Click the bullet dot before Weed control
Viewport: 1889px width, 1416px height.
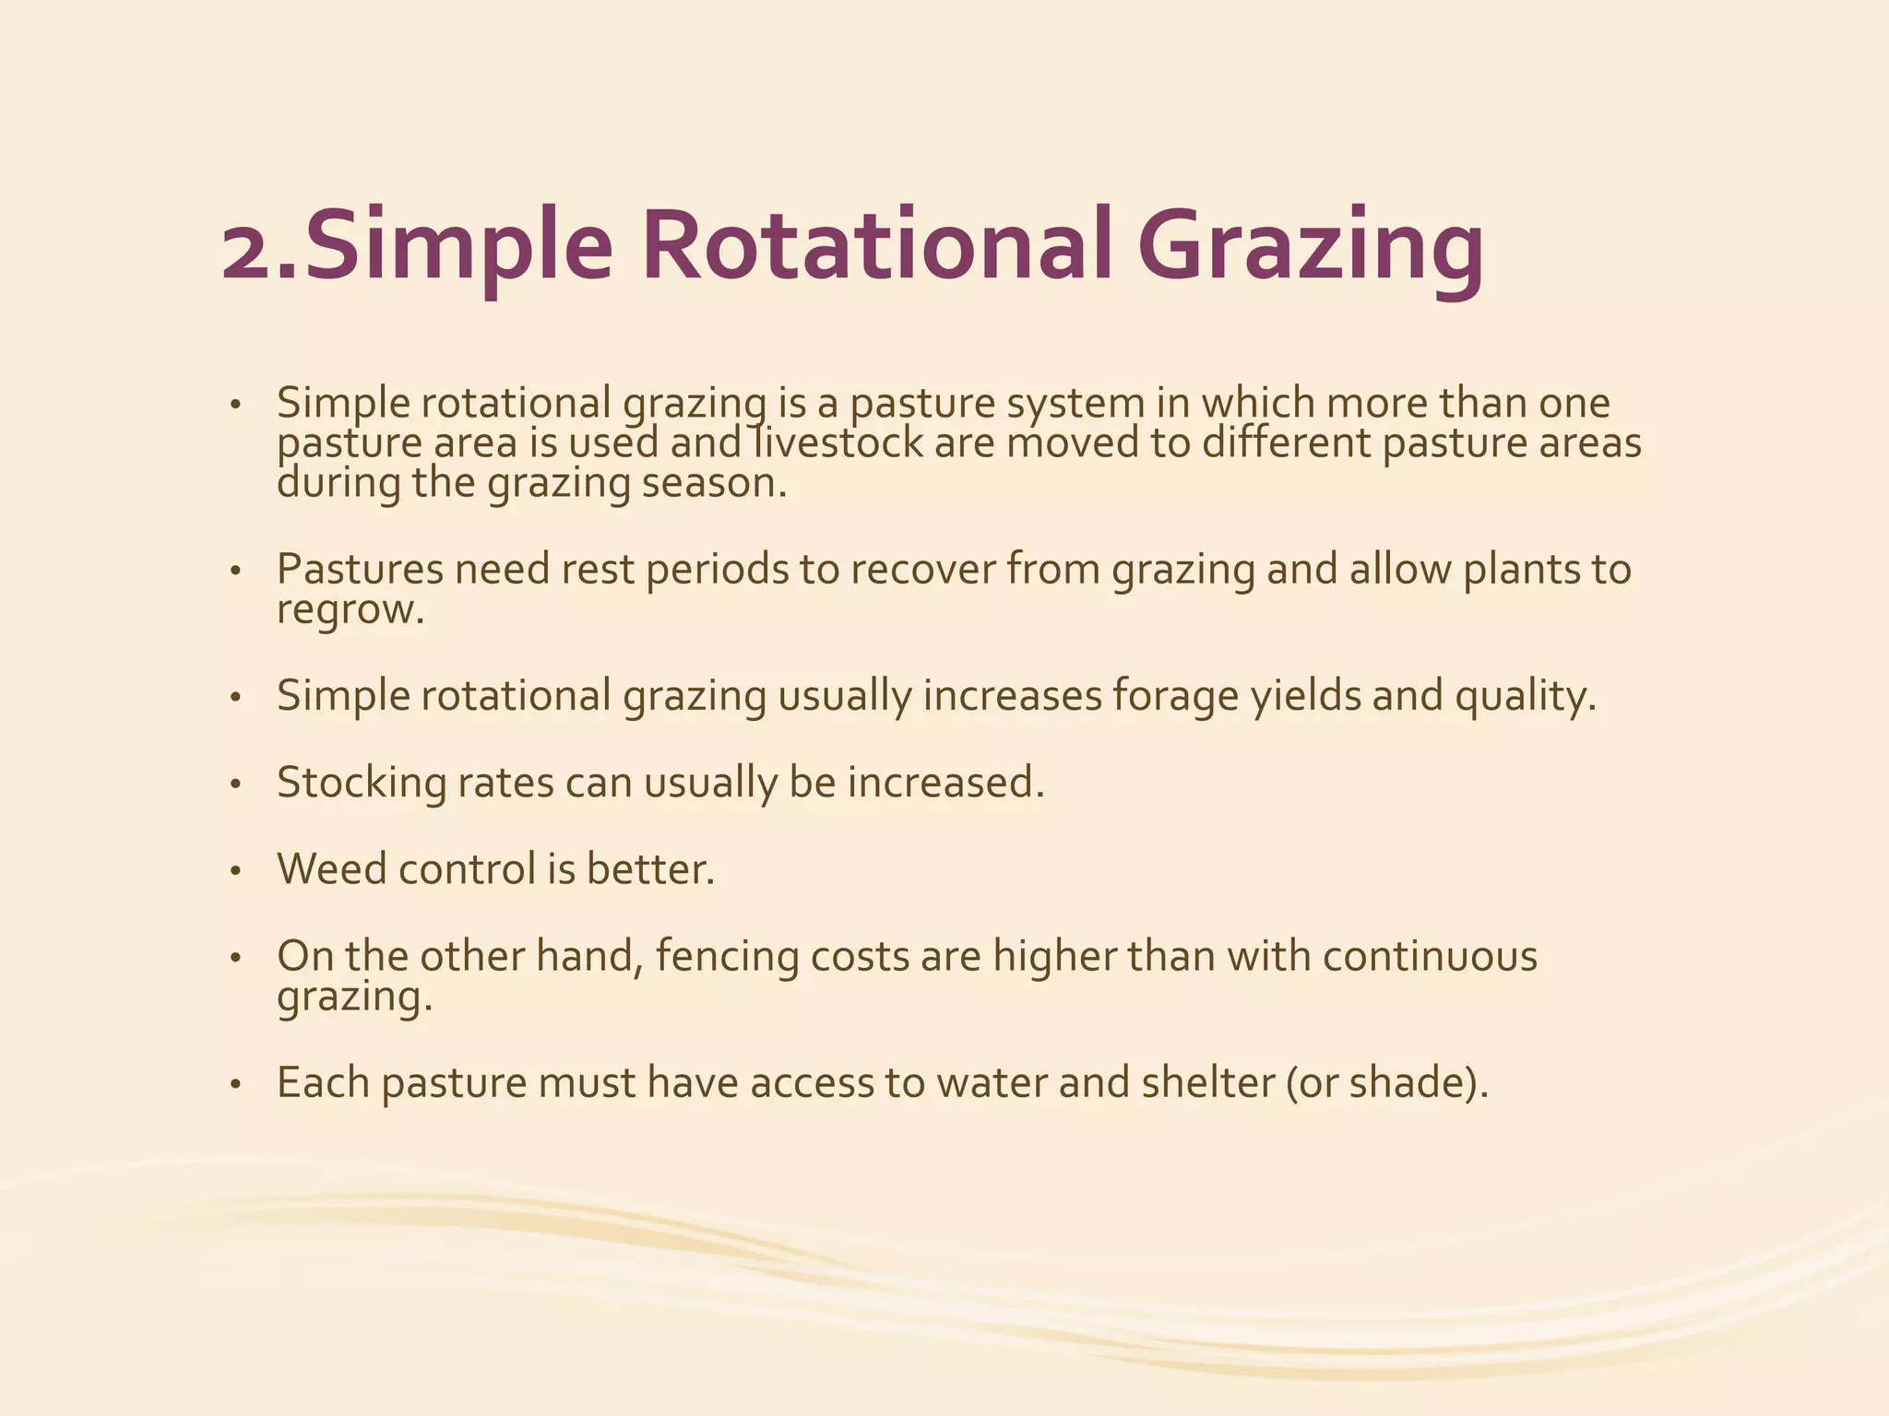click(236, 871)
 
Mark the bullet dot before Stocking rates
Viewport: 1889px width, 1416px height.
click(236, 785)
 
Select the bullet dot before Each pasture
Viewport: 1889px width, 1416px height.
click(236, 1085)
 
